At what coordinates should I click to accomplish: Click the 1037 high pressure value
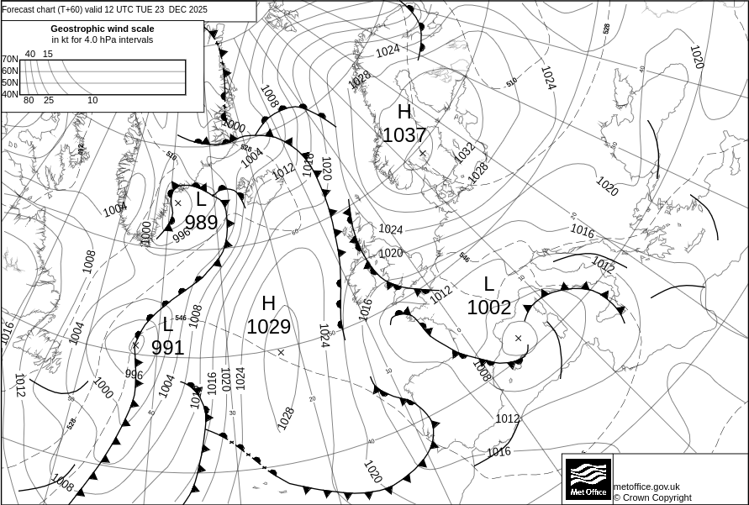click(404, 135)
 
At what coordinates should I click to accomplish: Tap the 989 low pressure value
click(201, 223)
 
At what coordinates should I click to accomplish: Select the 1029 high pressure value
click(268, 327)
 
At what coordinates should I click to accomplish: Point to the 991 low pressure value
click(167, 347)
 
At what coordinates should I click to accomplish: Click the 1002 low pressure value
click(488, 308)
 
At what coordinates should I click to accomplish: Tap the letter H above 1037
click(404, 112)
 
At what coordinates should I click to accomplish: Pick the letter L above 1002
click(488, 284)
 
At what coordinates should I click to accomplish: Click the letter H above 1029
click(268, 303)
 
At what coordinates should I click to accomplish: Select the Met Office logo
click(588, 479)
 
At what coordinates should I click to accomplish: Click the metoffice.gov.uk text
click(646, 487)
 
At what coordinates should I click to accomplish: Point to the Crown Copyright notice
click(652, 497)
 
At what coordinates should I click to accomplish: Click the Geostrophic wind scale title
click(103, 29)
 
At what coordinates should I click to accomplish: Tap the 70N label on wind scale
click(9, 60)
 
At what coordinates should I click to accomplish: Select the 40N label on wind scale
click(9, 94)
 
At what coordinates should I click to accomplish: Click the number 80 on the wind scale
click(29, 100)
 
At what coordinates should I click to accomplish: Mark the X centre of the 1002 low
click(518, 338)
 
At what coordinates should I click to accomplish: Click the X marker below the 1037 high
click(422, 153)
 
